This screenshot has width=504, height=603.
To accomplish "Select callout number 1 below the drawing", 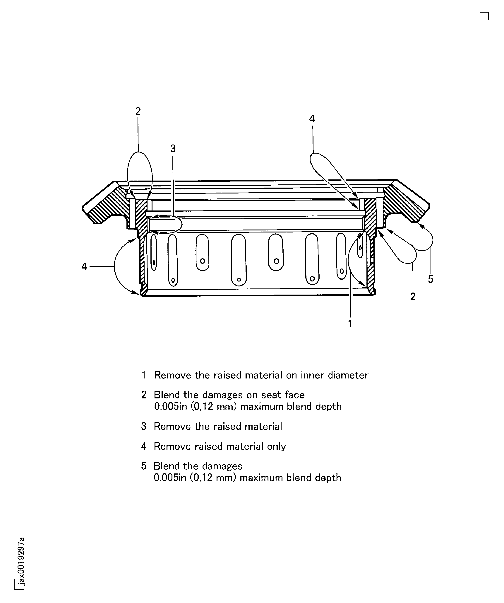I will pyautogui.click(x=350, y=324).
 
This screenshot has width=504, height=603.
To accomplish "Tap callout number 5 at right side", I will pyautogui.click(x=430, y=279).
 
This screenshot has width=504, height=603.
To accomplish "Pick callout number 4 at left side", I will pyautogui.click(x=84, y=267).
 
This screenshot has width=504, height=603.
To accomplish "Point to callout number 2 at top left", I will pyautogui.click(x=138, y=111).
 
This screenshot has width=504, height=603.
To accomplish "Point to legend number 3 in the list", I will pyautogui.click(x=144, y=426).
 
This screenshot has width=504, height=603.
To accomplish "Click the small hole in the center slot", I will pyautogui.click(x=239, y=280).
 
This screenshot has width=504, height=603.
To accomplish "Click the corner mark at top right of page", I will pyautogui.click(x=485, y=16).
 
